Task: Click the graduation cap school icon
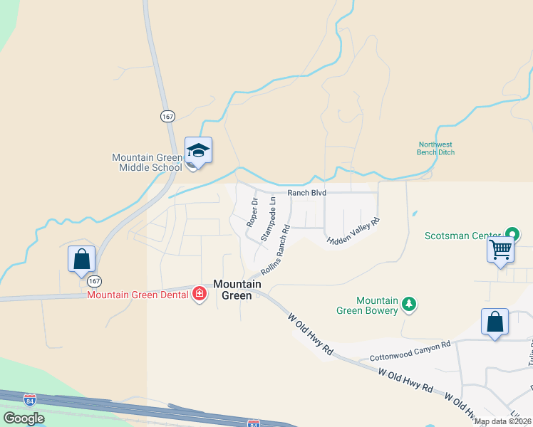(199, 151)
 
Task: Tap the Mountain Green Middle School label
(147, 162)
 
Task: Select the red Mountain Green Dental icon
(200, 294)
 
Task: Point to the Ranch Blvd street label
(306, 193)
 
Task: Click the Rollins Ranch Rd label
(276, 251)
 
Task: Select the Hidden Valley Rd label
(354, 232)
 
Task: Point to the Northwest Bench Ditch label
(436, 148)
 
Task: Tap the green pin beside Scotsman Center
(512, 234)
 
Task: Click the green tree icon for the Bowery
(409, 305)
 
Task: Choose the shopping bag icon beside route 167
(81, 259)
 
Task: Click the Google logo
(24, 418)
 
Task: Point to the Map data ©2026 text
(503, 421)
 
